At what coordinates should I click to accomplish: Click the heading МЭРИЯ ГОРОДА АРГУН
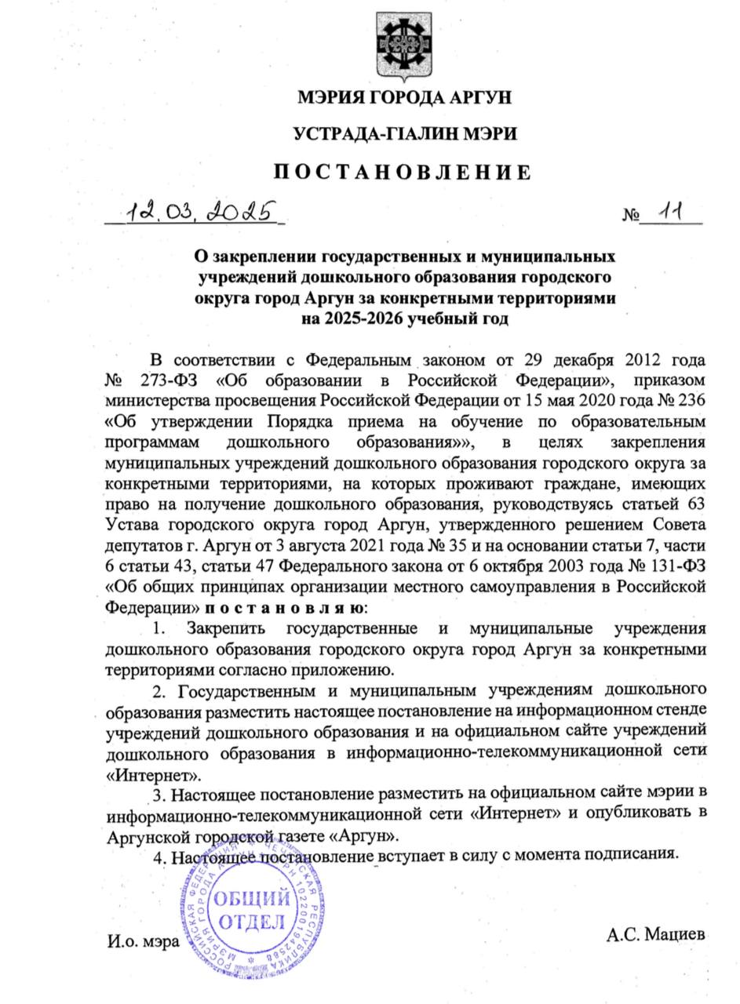[x=404, y=98]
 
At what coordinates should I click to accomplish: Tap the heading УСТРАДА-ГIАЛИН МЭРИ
[x=404, y=134]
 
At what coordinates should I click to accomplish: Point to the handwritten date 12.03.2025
[x=201, y=211]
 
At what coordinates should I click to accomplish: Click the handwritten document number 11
[x=670, y=210]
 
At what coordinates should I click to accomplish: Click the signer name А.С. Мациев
[x=655, y=934]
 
